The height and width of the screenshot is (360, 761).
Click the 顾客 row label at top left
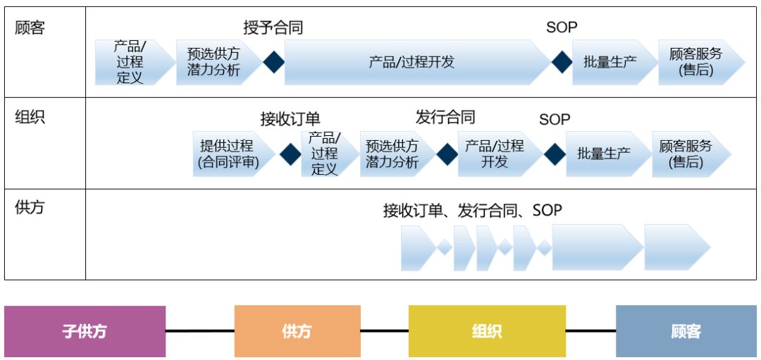point(30,29)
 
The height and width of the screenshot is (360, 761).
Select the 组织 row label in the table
point(30,118)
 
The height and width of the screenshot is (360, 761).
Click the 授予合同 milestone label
point(273,28)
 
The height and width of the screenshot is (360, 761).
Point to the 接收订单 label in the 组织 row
point(290,119)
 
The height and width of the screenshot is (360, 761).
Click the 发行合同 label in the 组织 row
point(445,117)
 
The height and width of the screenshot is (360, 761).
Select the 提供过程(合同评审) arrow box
point(230,154)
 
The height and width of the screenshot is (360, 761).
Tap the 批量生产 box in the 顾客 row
point(610,62)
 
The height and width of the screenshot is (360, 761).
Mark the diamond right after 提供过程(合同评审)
point(290,154)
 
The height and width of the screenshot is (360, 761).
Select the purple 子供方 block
point(85,331)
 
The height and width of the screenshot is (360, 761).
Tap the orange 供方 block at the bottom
point(297,331)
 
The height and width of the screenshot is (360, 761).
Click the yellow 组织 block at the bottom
point(487,331)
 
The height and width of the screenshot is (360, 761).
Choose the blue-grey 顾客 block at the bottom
point(686,331)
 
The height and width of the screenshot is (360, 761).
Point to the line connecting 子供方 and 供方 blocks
point(200,330)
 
